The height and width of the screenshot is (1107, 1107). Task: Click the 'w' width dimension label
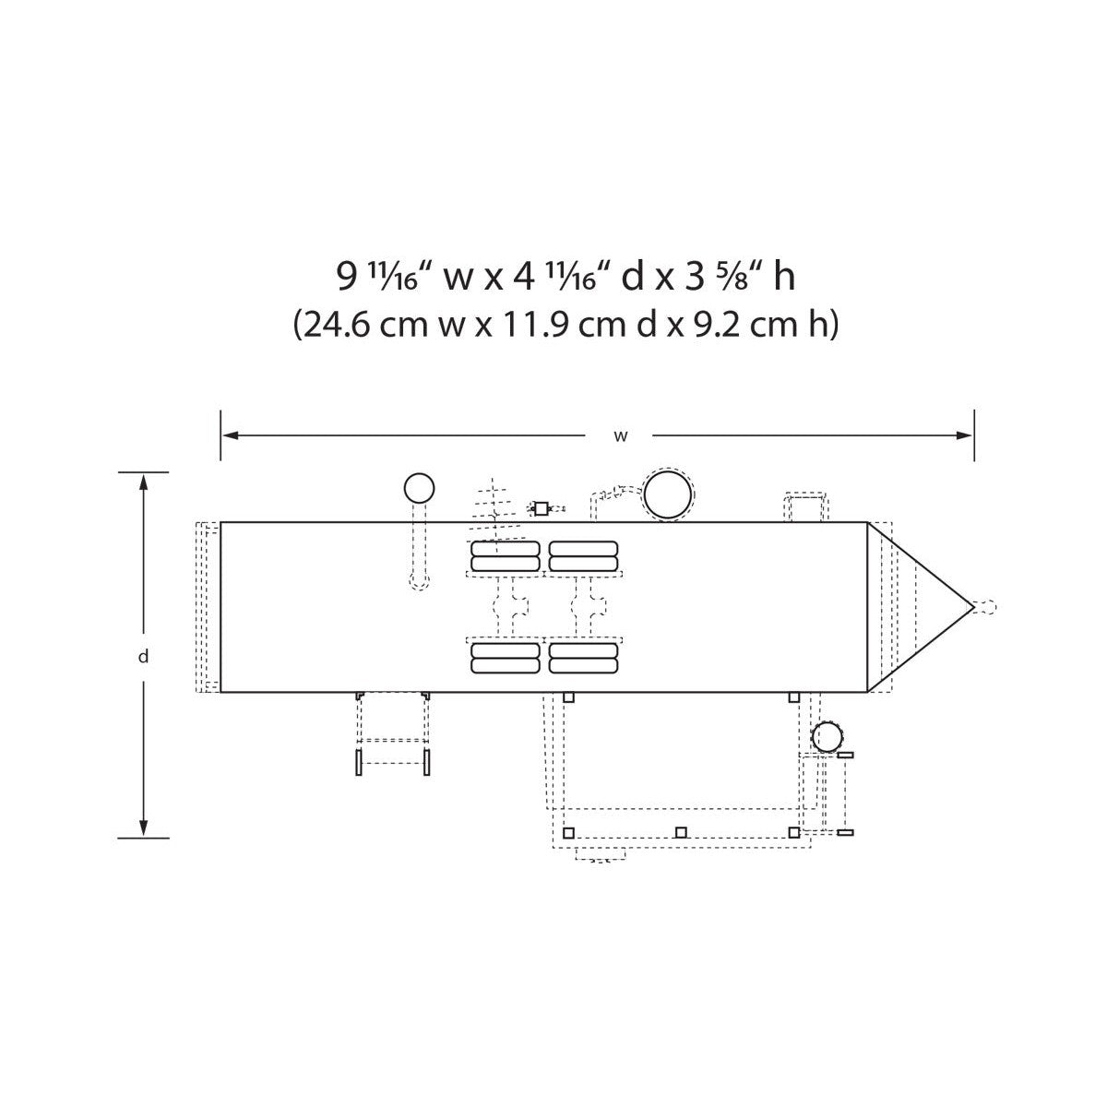tap(621, 436)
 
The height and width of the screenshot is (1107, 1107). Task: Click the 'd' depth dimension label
tap(143, 656)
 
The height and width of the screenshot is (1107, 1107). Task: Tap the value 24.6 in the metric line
tap(338, 325)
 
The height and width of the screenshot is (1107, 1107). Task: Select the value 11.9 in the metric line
tap(538, 325)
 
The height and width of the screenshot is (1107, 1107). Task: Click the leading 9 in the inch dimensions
tap(346, 277)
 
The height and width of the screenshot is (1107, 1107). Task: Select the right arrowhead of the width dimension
tap(965, 435)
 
